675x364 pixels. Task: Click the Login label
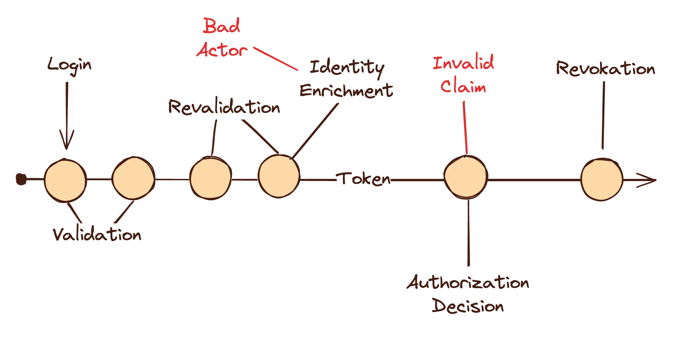point(69,65)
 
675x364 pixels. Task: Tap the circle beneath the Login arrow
point(65,180)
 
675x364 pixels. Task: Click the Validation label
point(97,235)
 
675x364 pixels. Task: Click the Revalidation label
point(224,108)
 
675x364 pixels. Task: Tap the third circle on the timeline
point(210,178)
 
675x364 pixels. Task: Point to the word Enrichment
point(346,91)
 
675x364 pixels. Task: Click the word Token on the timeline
point(365,179)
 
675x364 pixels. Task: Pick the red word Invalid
point(464,64)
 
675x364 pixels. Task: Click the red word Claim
point(464,87)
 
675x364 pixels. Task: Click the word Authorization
point(468,284)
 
